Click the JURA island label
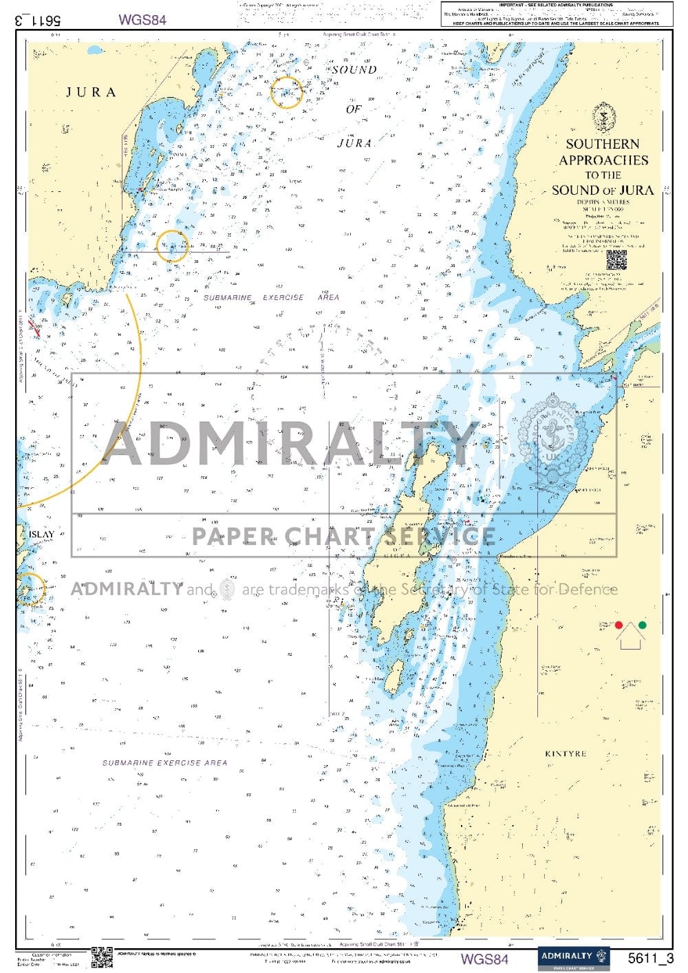(91, 92)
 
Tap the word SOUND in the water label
(354, 69)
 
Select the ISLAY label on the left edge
(41, 534)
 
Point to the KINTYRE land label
(566, 753)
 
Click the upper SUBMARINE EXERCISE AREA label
(271, 297)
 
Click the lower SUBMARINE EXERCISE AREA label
(164, 762)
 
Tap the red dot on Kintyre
(619, 625)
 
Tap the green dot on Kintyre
(642, 625)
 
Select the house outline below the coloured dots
(631, 639)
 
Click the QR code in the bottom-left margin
(102, 957)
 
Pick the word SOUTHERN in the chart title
(603, 144)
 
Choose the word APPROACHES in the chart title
(603, 160)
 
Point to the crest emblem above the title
(603, 117)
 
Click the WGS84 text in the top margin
(142, 19)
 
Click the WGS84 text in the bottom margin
(484, 959)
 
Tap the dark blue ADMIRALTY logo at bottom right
(573, 958)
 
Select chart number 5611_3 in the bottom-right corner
(650, 958)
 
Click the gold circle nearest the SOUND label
(287, 92)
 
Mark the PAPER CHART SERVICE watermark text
(343, 536)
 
